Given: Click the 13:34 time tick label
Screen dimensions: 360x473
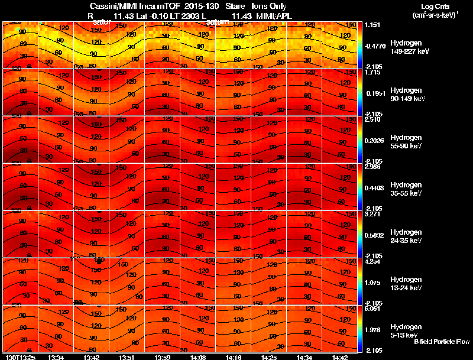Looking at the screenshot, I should click(56, 357).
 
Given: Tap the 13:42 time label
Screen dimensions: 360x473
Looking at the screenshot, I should click(92, 357).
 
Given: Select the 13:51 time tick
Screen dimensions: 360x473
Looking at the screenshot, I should click(127, 357).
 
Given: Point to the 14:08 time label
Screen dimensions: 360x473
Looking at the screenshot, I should click(199, 357).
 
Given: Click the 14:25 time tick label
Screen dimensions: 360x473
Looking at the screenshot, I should click(270, 357).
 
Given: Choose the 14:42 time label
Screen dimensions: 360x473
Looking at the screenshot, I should click(340, 357).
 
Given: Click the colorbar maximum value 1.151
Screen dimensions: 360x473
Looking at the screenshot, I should click(372, 25).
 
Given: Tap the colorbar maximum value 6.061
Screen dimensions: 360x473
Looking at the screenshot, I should click(372, 309).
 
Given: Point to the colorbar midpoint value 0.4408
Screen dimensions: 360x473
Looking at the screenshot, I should click(373, 189).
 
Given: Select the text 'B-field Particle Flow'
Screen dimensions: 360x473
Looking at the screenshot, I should click(441, 342).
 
